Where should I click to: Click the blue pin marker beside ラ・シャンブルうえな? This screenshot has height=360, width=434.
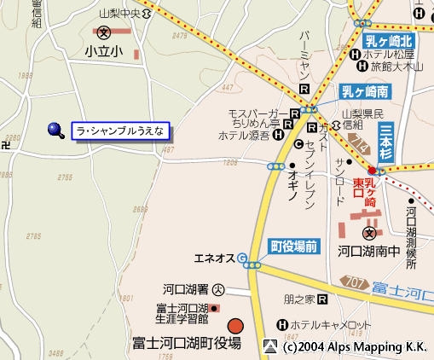[x=56, y=130]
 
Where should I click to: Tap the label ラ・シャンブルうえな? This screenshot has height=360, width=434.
[x=123, y=131]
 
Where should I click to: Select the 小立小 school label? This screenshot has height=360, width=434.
[x=103, y=52]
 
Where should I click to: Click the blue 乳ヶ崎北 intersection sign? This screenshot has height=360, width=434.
[x=389, y=40]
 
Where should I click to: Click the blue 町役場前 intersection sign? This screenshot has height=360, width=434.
[x=294, y=246]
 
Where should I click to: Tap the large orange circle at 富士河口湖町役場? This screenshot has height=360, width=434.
[x=235, y=325]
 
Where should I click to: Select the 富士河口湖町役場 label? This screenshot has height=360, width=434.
[x=187, y=343]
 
